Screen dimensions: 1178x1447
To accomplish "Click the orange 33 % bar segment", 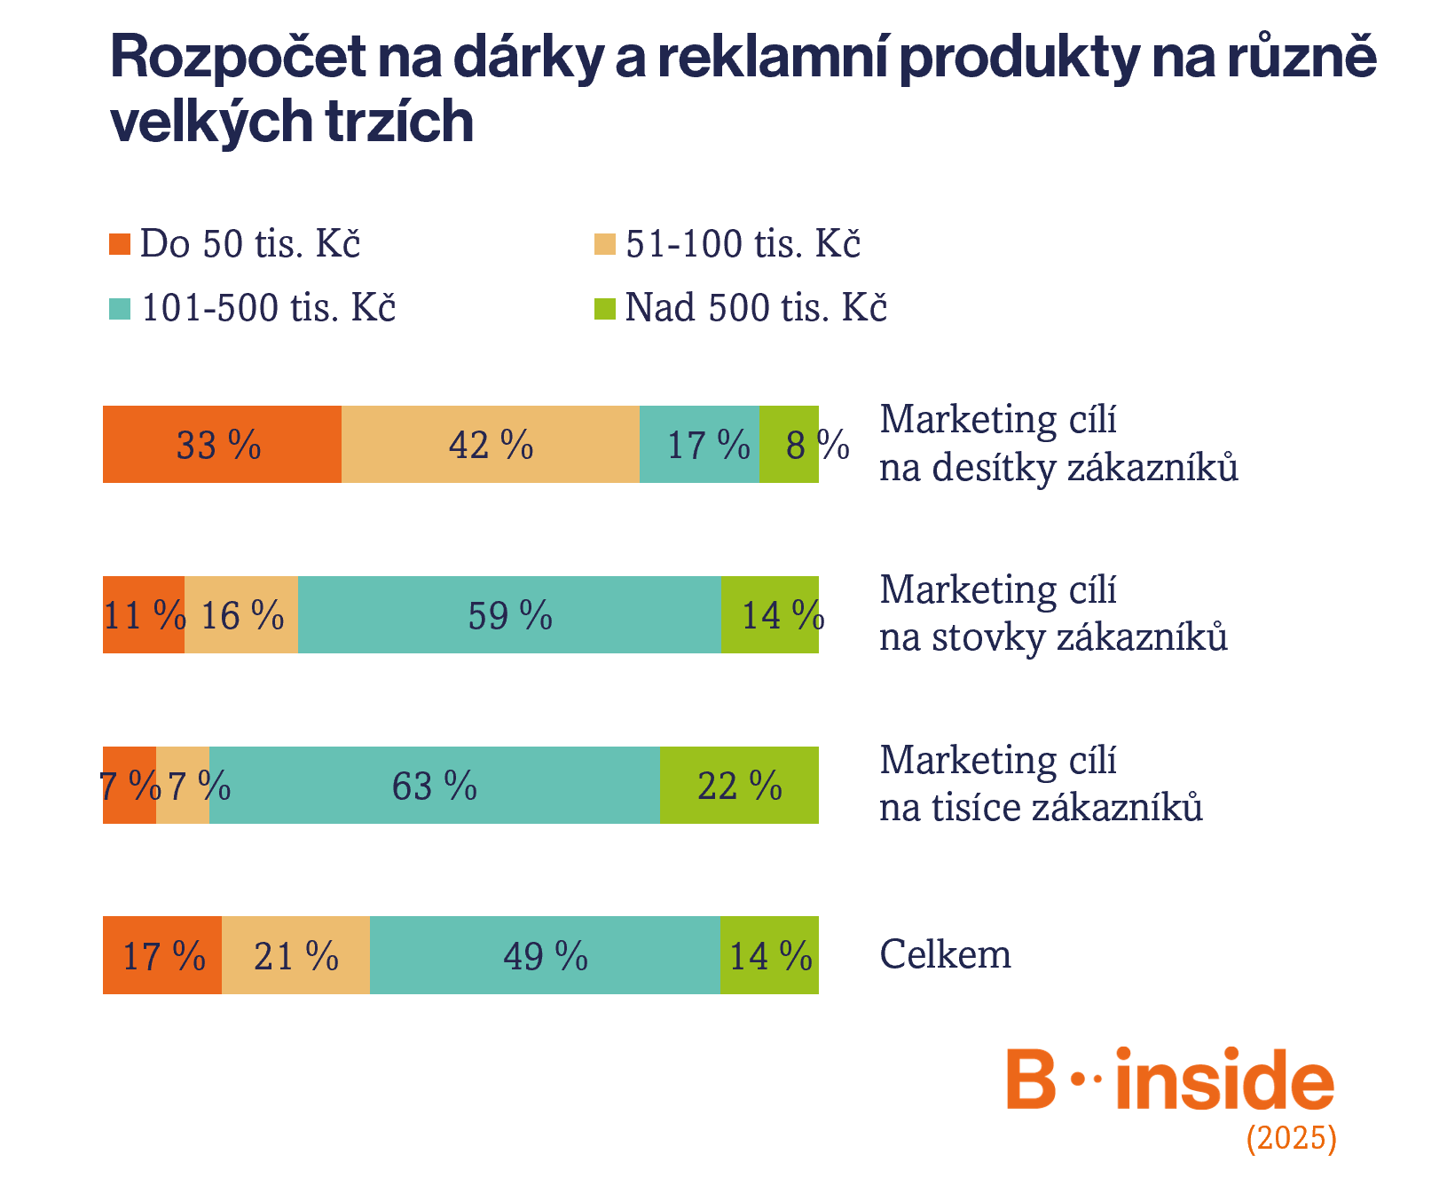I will [x=222, y=445].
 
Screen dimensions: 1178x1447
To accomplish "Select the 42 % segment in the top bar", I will [x=490, y=445].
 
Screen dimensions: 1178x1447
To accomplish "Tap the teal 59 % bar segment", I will [x=509, y=615].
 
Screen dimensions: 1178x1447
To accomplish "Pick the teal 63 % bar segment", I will [x=434, y=786].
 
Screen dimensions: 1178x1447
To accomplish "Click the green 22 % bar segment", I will [x=739, y=786].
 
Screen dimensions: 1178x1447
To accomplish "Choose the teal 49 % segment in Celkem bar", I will [x=545, y=956].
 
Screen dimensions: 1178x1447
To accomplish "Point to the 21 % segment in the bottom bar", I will [x=295, y=956].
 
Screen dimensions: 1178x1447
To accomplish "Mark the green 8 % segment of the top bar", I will [x=789, y=445].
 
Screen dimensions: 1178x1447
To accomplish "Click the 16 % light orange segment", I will [x=241, y=615].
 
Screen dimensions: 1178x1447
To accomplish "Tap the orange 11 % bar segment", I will [x=144, y=615].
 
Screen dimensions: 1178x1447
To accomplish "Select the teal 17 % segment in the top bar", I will [x=699, y=445].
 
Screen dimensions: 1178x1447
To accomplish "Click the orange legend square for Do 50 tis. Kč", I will [x=120, y=244].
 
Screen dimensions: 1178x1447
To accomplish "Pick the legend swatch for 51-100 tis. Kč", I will [x=605, y=244].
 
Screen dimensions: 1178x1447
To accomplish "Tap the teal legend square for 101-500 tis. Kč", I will [x=120, y=309].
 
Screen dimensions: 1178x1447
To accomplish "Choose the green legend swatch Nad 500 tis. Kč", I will [x=605, y=309].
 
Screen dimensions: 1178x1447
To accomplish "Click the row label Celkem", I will [x=945, y=955].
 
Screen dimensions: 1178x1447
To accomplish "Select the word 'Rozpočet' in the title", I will [x=238, y=57].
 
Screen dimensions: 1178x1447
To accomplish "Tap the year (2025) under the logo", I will [x=1291, y=1138].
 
